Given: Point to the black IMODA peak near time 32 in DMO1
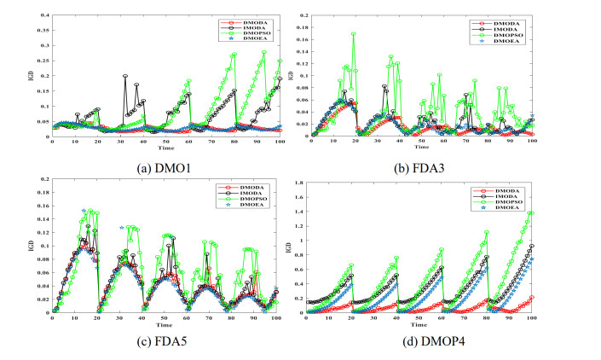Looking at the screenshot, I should (125, 76).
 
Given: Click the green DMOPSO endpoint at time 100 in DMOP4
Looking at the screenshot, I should (533, 212).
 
